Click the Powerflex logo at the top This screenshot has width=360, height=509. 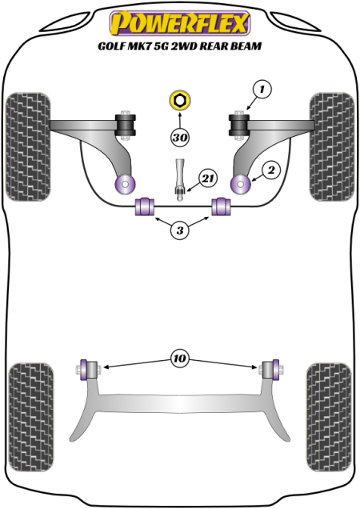[180, 22]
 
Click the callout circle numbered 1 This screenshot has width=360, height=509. [262, 89]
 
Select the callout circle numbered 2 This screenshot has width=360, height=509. [271, 170]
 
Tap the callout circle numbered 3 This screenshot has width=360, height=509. [180, 230]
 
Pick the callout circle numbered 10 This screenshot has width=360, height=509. [180, 359]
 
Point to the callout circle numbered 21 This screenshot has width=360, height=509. [208, 178]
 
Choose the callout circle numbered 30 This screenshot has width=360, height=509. [180, 138]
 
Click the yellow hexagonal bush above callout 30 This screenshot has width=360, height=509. [179, 101]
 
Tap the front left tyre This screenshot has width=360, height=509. [28, 146]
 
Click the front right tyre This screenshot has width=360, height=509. [332, 146]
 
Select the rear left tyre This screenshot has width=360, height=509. [31, 417]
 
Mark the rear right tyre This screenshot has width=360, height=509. [329, 417]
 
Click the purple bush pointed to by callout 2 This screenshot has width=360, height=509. [241, 184]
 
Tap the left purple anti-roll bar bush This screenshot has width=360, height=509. [145, 206]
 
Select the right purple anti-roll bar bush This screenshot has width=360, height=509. [221, 206]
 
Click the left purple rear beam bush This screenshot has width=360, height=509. [84, 369]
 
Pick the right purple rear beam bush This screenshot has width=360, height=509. [276, 369]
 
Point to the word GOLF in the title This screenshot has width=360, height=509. [110, 46]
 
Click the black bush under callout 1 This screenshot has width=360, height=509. [239, 125]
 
